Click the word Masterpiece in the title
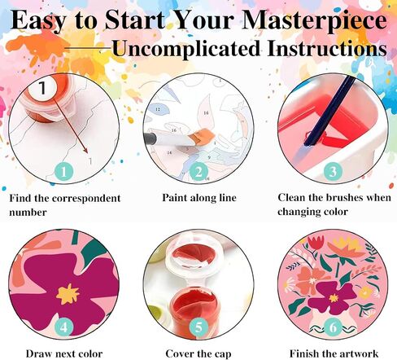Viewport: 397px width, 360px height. click(x=315, y=21)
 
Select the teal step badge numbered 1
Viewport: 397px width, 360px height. click(x=63, y=172)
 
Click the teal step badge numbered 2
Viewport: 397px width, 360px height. click(x=198, y=172)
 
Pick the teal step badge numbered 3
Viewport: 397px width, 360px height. click(x=333, y=171)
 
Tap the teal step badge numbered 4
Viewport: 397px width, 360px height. click(x=63, y=327)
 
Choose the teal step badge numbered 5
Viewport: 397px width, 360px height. click(x=198, y=327)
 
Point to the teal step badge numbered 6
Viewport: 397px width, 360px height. click(x=334, y=327)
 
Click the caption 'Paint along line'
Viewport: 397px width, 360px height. click(x=199, y=198)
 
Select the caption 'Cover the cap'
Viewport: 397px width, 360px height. click(x=198, y=354)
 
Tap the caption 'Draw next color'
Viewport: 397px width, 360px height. click(x=64, y=353)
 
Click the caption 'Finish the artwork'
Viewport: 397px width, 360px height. click(x=334, y=353)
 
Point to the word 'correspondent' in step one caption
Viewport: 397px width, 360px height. click(x=86, y=199)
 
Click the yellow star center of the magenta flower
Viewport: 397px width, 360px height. click(x=68, y=294)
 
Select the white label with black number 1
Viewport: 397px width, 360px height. click(x=43, y=87)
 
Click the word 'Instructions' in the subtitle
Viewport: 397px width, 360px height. click(x=327, y=49)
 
